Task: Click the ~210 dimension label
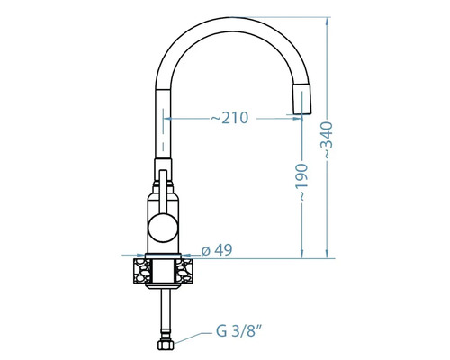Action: (x=229, y=118)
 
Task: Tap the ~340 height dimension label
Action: (x=326, y=140)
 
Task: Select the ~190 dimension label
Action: (x=301, y=183)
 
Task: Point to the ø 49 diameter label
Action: (x=217, y=250)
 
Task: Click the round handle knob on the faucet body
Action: (x=163, y=228)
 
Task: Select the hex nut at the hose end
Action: (x=166, y=345)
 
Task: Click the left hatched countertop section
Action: (x=142, y=272)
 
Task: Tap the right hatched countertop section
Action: (x=184, y=272)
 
